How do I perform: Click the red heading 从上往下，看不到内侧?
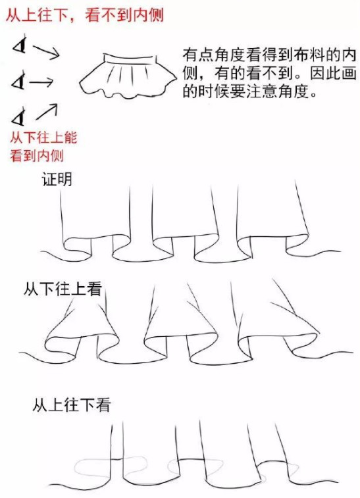click(84, 14)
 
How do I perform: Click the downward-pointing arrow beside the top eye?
click(46, 52)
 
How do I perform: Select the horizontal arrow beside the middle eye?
click(41, 82)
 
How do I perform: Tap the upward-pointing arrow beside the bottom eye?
click(47, 112)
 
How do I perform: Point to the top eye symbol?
click(20, 45)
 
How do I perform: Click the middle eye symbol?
click(18, 80)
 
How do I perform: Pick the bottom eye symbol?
click(18, 116)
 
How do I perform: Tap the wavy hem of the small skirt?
click(127, 92)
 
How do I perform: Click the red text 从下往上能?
click(43, 138)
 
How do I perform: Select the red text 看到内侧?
click(37, 156)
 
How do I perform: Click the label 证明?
click(57, 180)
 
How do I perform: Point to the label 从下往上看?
click(63, 289)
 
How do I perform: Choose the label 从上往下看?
click(71, 405)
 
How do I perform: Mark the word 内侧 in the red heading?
click(148, 14)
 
